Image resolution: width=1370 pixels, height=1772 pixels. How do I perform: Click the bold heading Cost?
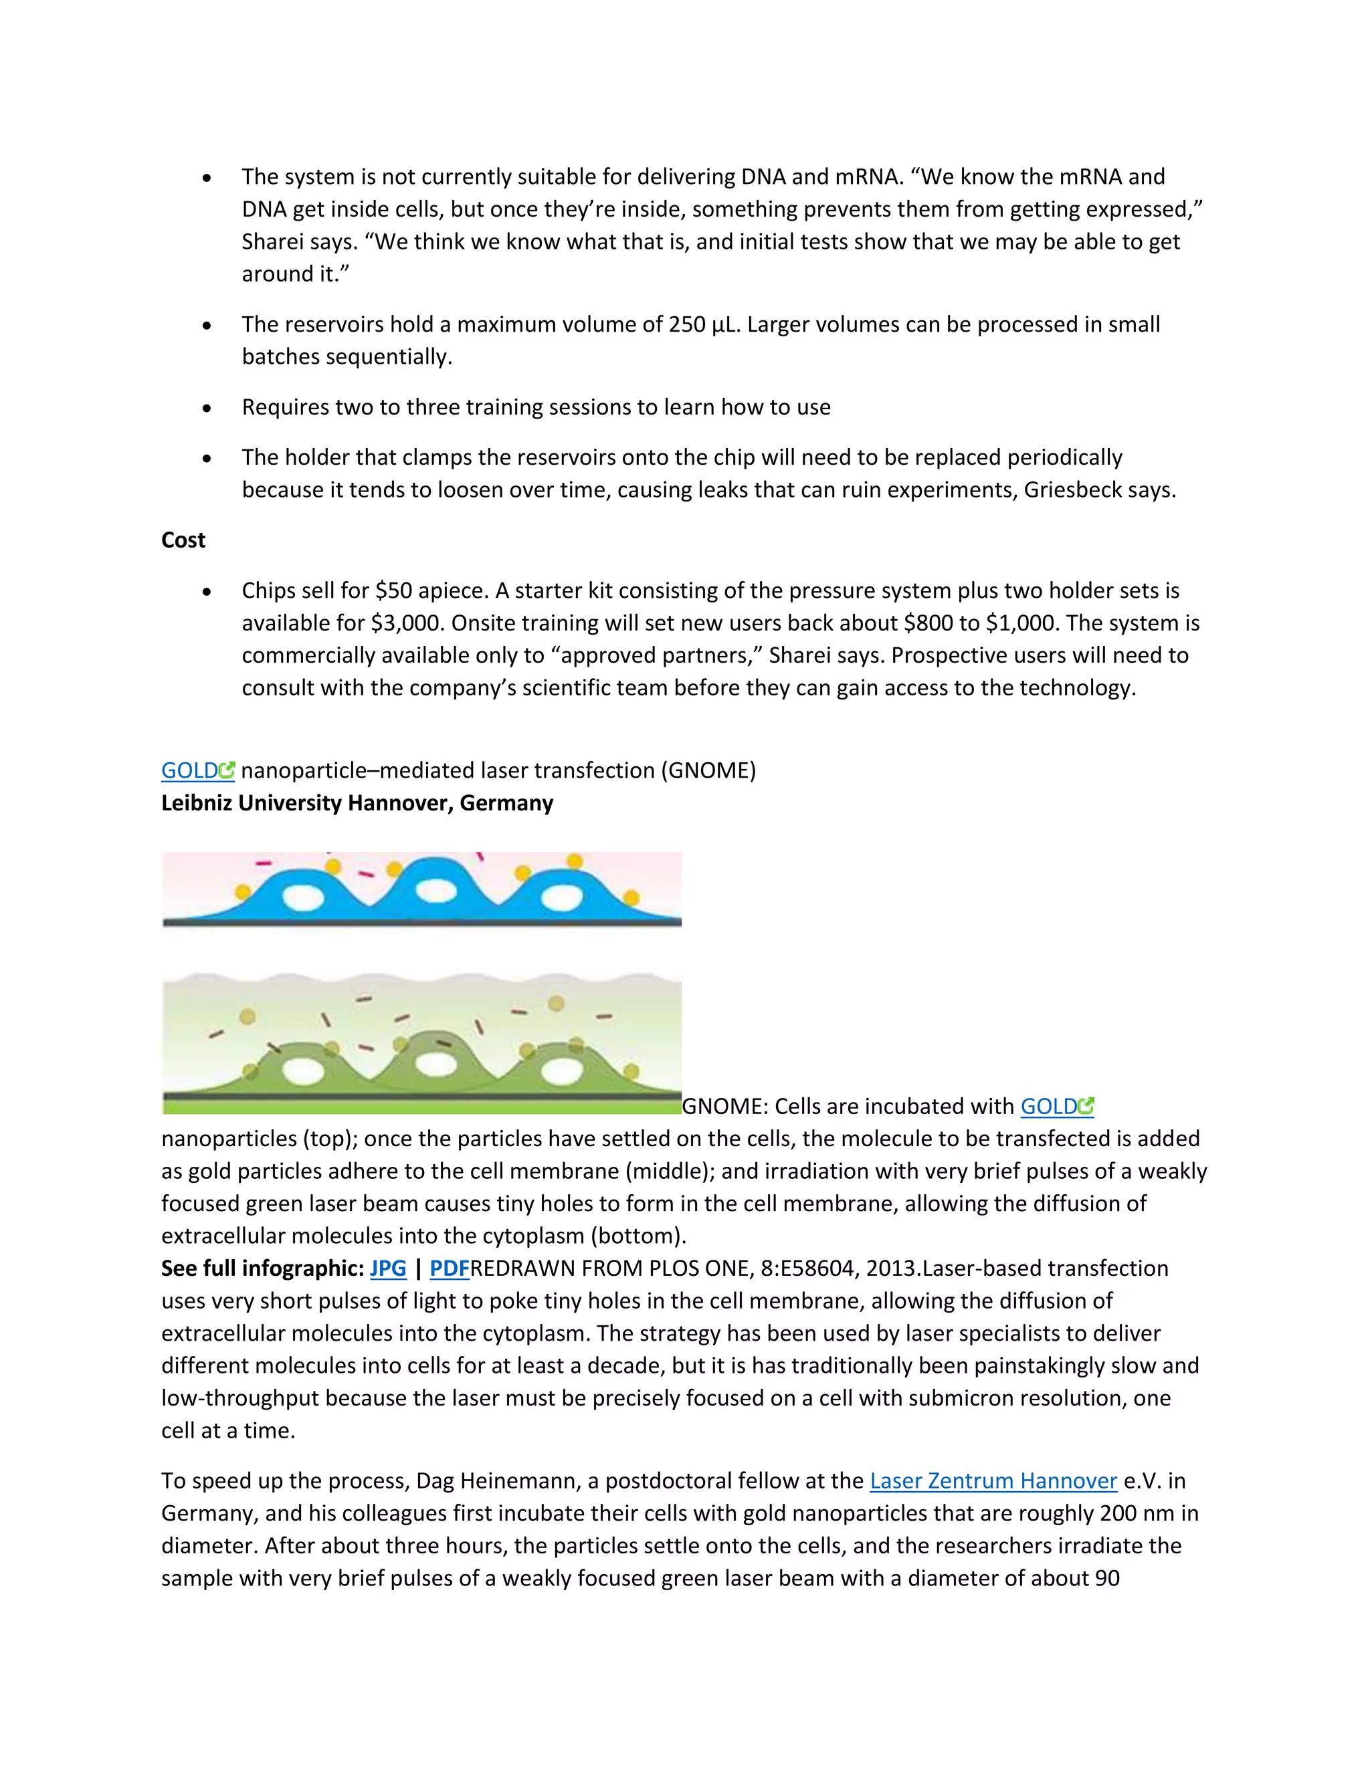(183, 540)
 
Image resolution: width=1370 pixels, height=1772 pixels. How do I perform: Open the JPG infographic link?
(388, 1268)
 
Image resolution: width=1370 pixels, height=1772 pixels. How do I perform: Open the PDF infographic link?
(449, 1268)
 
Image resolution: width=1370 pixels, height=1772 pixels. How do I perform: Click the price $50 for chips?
(392, 590)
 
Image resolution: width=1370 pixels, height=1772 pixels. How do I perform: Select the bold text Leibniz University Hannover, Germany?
(357, 803)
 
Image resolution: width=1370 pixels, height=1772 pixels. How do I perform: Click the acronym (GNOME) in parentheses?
(708, 771)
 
